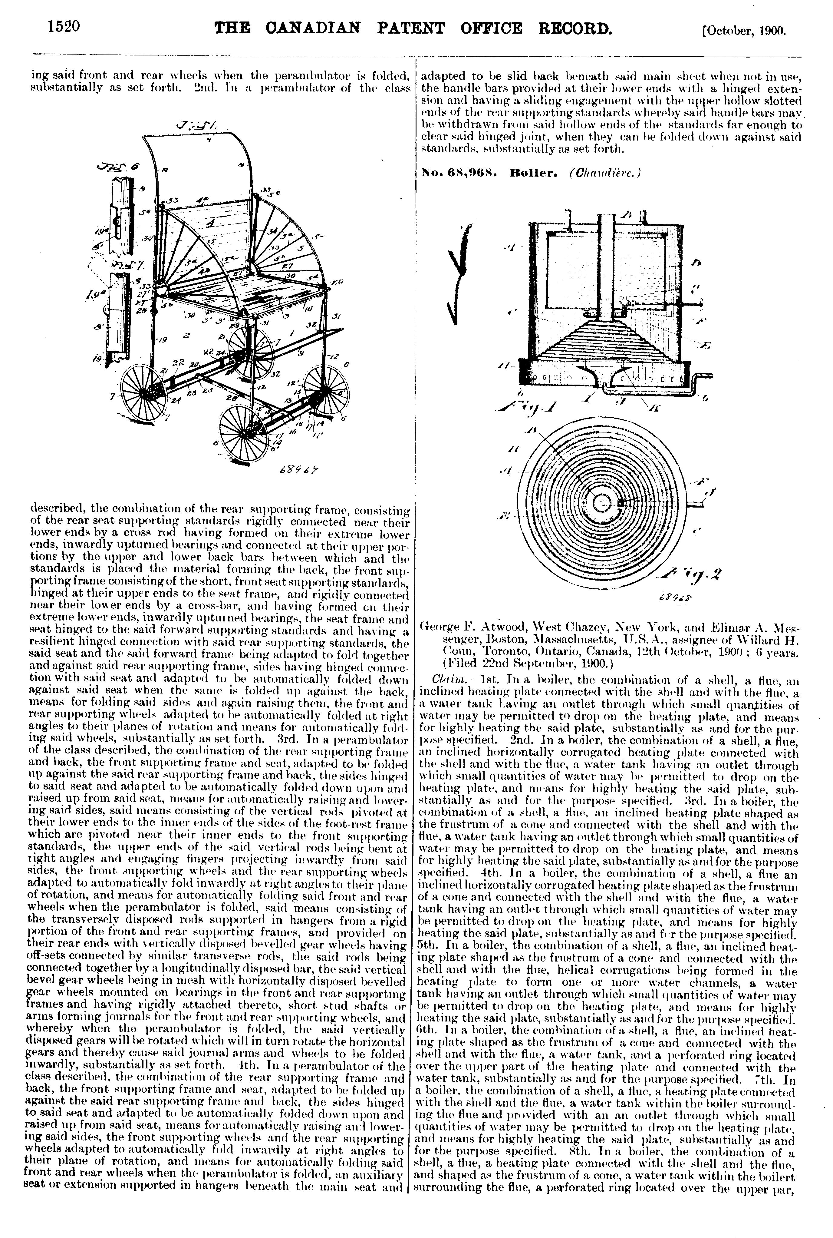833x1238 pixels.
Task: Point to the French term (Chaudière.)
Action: point(606,172)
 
